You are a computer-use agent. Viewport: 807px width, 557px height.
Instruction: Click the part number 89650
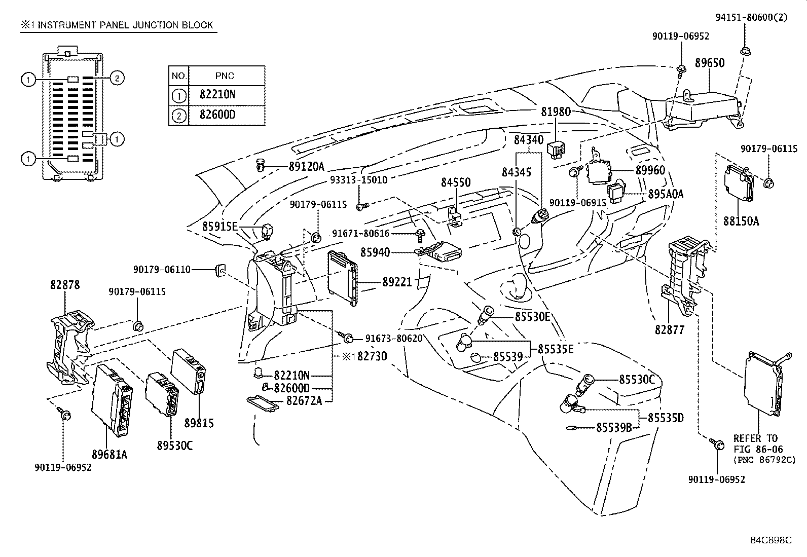(x=709, y=63)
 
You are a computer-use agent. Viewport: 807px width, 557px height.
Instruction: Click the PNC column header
(x=225, y=76)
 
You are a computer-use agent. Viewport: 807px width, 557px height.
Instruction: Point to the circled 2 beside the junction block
(x=117, y=78)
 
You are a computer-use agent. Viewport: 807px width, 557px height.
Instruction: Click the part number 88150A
(x=741, y=221)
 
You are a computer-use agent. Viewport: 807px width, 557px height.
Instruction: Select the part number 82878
(x=65, y=285)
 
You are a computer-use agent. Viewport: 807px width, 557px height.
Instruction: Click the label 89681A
(x=110, y=455)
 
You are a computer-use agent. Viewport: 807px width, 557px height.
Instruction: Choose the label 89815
(x=199, y=423)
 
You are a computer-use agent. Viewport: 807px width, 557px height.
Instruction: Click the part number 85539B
(x=614, y=428)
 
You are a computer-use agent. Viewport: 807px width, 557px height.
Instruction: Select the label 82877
(x=670, y=330)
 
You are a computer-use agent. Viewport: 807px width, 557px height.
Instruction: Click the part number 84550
(x=455, y=182)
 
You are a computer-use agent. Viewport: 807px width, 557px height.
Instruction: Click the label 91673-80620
(x=393, y=338)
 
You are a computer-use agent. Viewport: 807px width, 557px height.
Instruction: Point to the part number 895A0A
(x=666, y=194)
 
